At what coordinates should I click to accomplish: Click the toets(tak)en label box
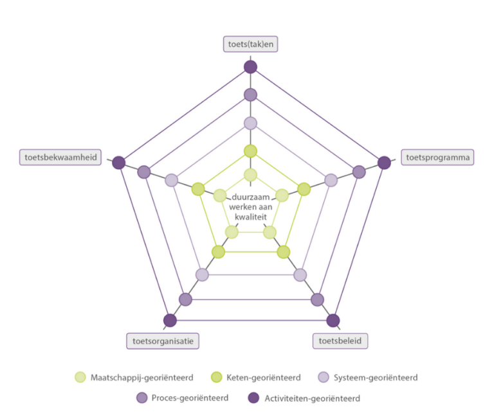(x=250, y=44)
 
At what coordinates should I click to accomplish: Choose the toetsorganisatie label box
(x=162, y=341)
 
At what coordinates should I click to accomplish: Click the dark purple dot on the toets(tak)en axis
(x=250, y=67)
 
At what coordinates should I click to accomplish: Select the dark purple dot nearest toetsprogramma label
(x=384, y=163)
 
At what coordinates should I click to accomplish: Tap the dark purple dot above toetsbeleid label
(x=333, y=320)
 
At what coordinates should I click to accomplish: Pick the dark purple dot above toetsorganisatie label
(x=170, y=320)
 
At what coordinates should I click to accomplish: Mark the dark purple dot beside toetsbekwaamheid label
(x=118, y=163)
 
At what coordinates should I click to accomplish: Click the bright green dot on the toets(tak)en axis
(x=250, y=152)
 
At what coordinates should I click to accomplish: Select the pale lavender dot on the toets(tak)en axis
(x=250, y=123)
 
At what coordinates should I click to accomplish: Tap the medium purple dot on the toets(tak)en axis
(x=250, y=95)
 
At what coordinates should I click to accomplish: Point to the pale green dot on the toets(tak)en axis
(x=250, y=175)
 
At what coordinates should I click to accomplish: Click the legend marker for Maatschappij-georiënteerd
(x=80, y=377)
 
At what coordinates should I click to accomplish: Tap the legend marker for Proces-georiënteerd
(x=142, y=398)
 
